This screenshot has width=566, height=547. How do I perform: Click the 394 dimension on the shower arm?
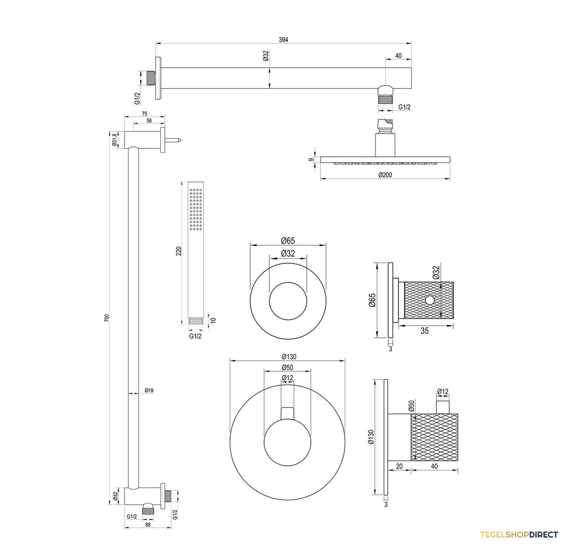point(283,40)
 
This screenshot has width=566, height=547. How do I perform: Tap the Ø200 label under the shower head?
point(385,175)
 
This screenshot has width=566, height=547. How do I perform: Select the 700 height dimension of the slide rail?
point(107,318)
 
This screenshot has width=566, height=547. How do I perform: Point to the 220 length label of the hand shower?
point(179,251)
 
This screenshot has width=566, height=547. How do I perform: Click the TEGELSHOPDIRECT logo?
point(519,535)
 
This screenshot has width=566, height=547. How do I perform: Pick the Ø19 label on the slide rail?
point(149,390)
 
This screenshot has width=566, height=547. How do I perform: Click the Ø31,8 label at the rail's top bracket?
point(114,140)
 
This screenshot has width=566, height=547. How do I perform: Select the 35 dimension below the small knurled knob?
point(424,331)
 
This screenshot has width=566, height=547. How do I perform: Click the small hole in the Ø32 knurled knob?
point(429,299)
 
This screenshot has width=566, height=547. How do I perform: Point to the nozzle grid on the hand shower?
point(196,209)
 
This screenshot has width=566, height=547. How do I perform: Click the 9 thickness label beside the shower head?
point(311,160)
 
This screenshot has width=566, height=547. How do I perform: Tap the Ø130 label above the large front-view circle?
point(289,357)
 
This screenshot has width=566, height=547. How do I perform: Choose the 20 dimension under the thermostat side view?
point(399,466)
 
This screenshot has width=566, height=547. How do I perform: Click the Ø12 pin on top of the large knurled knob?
point(443,407)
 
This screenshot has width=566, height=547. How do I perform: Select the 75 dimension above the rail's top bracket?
point(144,113)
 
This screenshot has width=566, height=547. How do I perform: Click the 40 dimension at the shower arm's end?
point(399,56)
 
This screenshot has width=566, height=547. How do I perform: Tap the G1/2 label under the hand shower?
point(195,336)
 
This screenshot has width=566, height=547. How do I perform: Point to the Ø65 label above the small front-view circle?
point(288,240)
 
